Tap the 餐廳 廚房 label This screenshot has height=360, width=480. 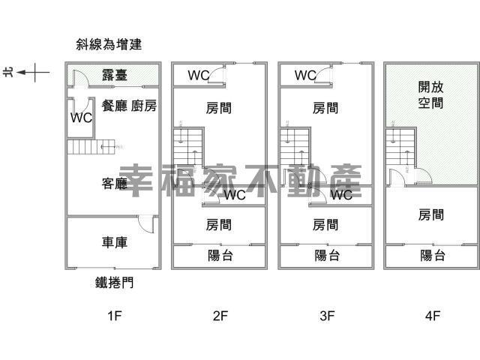[129, 106]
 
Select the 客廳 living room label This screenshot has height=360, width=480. [114, 183]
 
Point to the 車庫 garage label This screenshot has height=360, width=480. [114, 242]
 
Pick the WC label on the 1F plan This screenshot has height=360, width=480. [81, 118]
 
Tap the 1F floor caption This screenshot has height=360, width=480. [114, 316]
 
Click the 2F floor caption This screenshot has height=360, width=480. [220, 316]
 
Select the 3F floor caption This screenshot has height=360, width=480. [326, 316]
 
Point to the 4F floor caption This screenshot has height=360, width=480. [432, 316]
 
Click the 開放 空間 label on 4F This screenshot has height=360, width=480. [430, 95]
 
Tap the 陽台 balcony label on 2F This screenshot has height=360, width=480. [220, 256]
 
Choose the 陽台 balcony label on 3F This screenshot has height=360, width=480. [326, 256]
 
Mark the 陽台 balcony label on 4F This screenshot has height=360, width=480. [433, 256]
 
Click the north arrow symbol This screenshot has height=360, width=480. [34, 73]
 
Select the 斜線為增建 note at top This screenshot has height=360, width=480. [109, 45]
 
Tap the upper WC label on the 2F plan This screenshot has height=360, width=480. [198, 75]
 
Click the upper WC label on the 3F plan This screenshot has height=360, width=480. [305, 75]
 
